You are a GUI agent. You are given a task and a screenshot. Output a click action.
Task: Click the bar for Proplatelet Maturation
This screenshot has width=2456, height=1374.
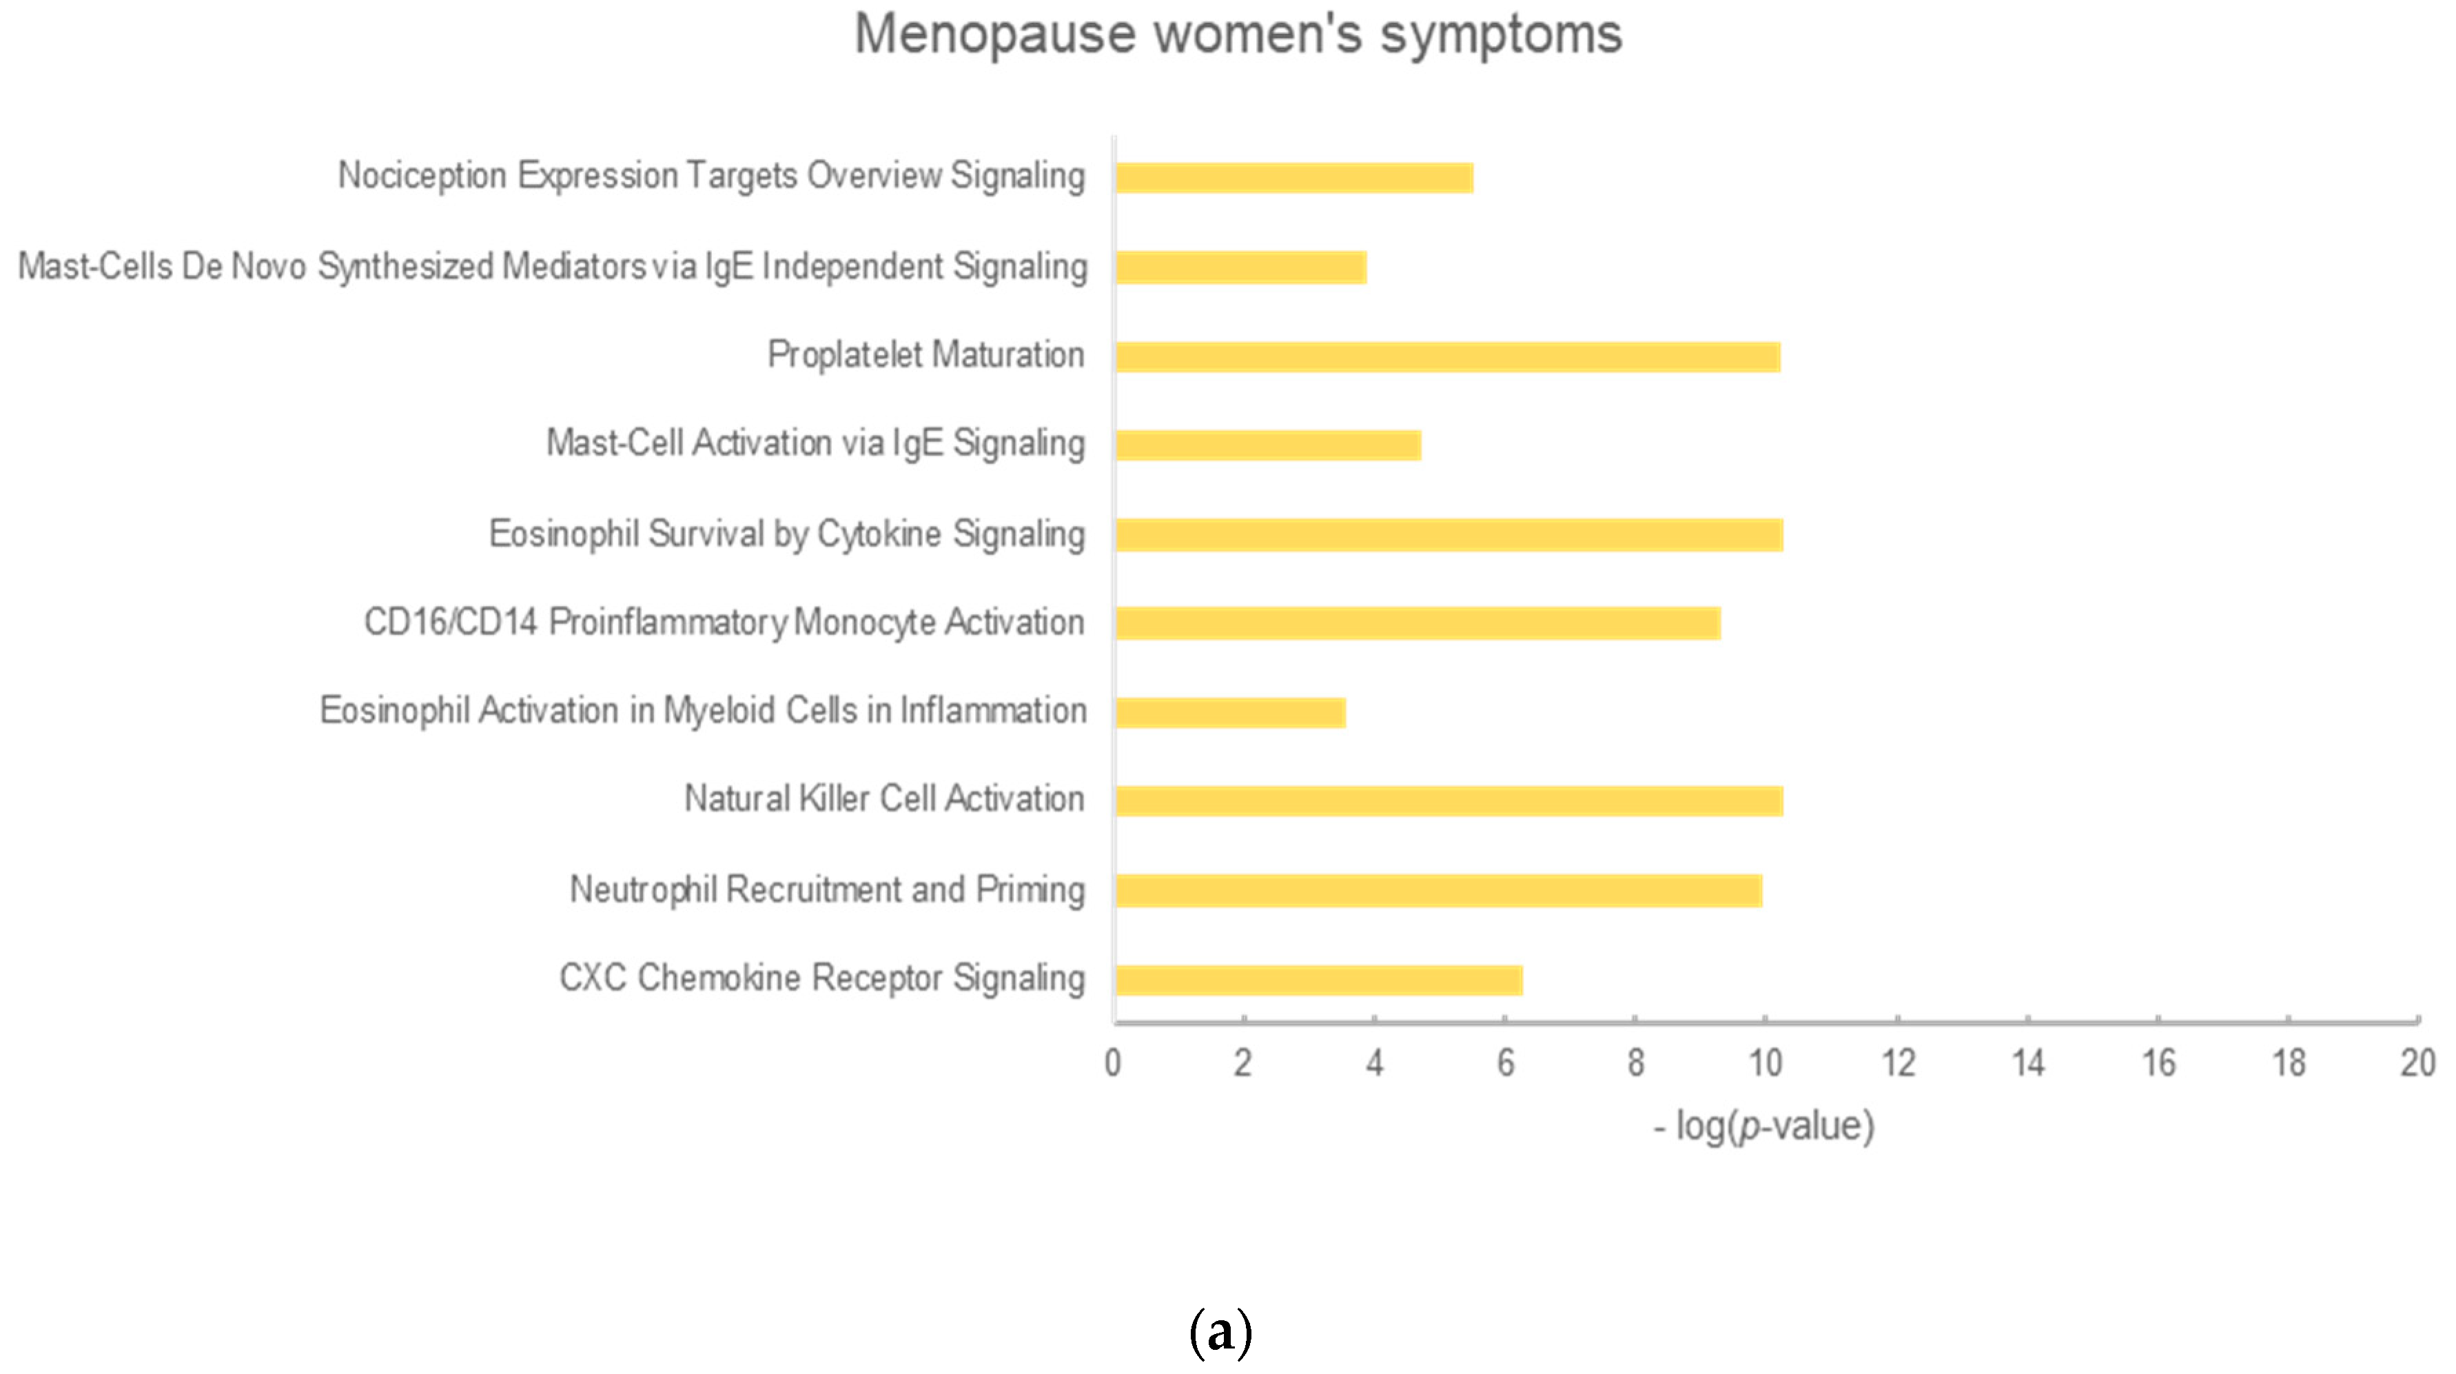(x=1447, y=356)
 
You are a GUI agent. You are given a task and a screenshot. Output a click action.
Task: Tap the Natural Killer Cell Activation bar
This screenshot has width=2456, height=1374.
(x=1449, y=801)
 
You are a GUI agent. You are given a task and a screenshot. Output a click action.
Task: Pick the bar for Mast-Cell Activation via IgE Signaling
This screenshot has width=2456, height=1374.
(x=1268, y=445)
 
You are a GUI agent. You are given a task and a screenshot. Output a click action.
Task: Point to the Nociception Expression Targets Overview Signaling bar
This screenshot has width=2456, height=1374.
(x=1293, y=177)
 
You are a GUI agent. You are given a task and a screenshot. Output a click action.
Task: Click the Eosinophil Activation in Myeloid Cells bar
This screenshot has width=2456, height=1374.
(x=1230, y=712)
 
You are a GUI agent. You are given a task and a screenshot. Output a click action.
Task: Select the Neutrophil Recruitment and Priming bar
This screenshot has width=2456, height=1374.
(x=1439, y=891)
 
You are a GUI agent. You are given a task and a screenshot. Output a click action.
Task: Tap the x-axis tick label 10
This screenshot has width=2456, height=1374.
(x=1765, y=1063)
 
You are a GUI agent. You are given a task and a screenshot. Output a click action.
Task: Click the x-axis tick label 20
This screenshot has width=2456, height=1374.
(x=2418, y=1063)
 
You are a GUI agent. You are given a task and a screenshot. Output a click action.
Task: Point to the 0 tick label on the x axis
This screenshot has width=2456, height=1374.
(x=1113, y=1063)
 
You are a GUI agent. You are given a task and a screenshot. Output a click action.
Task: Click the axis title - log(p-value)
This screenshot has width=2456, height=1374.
(x=1764, y=1126)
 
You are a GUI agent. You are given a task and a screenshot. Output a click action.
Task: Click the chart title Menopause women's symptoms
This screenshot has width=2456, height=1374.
(x=1238, y=35)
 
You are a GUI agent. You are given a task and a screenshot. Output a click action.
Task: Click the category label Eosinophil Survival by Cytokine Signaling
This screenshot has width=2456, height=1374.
(x=786, y=534)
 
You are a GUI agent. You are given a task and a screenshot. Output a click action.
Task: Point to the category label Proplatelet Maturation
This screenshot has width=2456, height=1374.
(x=925, y=355)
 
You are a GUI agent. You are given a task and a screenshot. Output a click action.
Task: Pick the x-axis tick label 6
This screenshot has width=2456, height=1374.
(x=1504, y=1063)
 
